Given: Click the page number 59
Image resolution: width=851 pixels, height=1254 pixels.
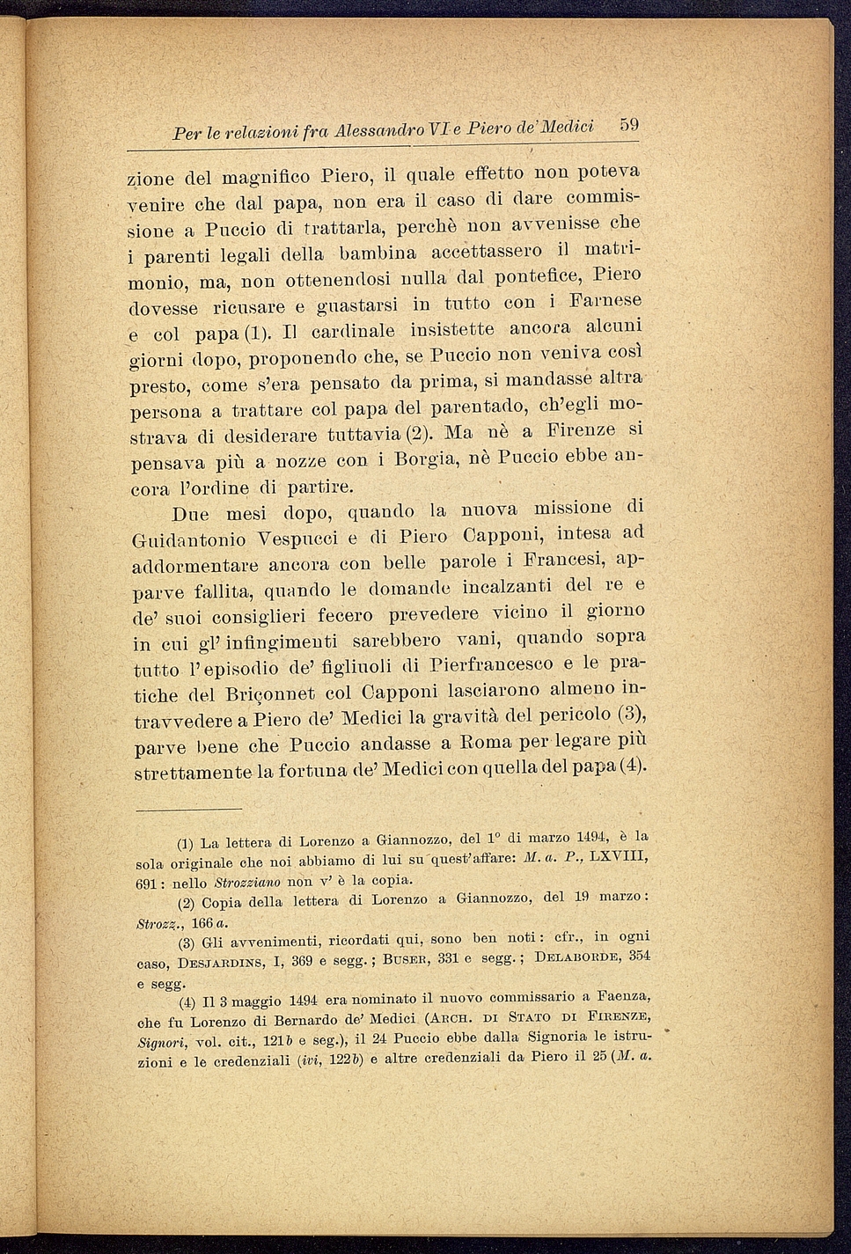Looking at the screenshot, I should (627, 125).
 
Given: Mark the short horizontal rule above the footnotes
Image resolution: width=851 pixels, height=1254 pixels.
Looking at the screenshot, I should (187, 809).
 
